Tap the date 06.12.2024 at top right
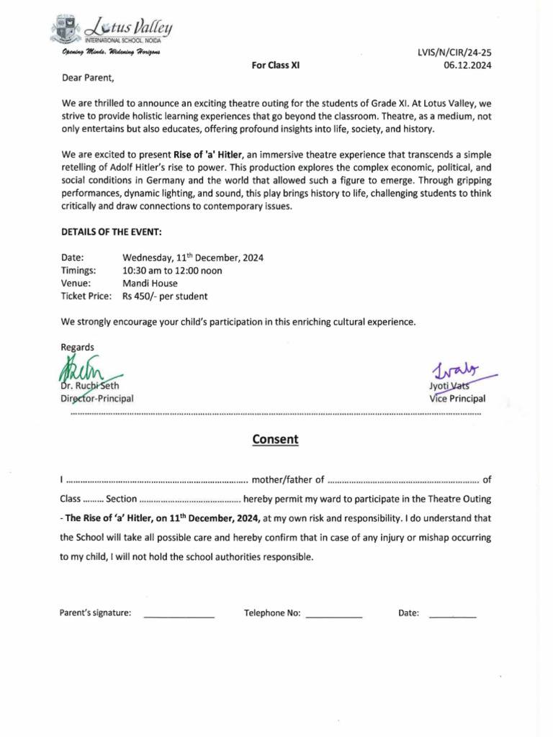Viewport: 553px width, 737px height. [466, 65]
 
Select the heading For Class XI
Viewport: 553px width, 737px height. [276, 65]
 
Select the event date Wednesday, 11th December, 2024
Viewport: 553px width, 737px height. [193, 257]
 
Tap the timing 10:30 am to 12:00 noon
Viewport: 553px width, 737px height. [172, 271]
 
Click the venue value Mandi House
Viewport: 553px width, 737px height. [150, 284]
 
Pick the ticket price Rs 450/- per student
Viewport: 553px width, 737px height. [165, 296]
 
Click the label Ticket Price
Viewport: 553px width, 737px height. [86, 296]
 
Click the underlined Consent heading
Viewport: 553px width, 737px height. [275, 439]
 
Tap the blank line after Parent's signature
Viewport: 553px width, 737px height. [179, 617]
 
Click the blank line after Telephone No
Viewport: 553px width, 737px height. [333, 617]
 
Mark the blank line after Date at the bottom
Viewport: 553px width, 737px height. [452, 617]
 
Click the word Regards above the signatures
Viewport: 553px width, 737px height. [78, 347]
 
